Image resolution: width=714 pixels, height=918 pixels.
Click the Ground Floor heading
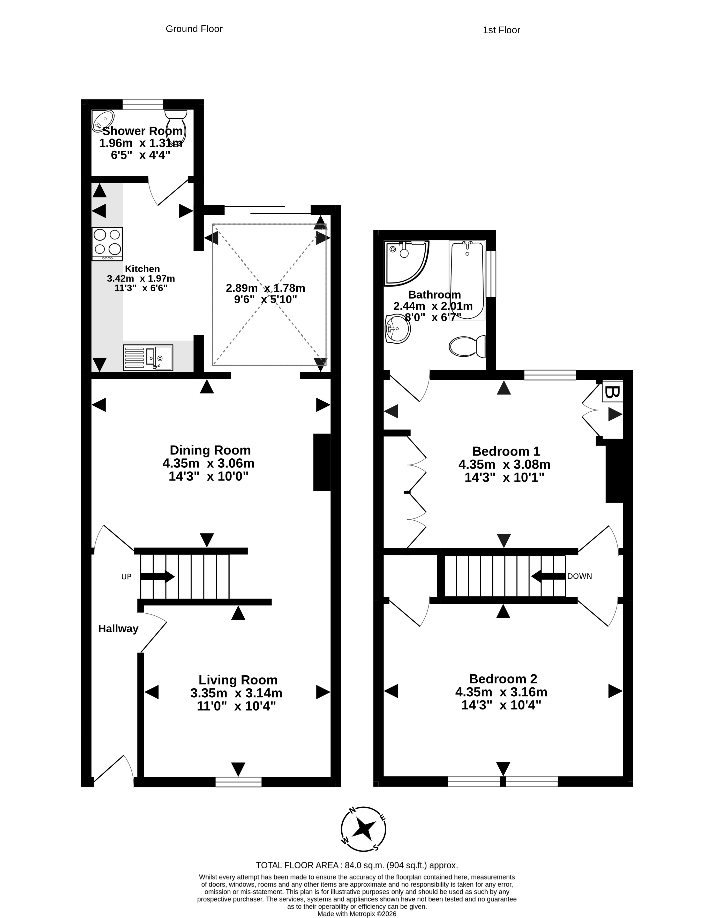pos(194,29)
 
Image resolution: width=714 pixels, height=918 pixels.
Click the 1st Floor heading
pos(501,30)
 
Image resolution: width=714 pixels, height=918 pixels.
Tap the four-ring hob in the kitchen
pos(107,244)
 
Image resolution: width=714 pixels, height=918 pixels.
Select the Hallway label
pos(118,628)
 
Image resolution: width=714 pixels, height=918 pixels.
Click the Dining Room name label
pos(210,450)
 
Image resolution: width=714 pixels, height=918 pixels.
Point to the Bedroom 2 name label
pos(503,679)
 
